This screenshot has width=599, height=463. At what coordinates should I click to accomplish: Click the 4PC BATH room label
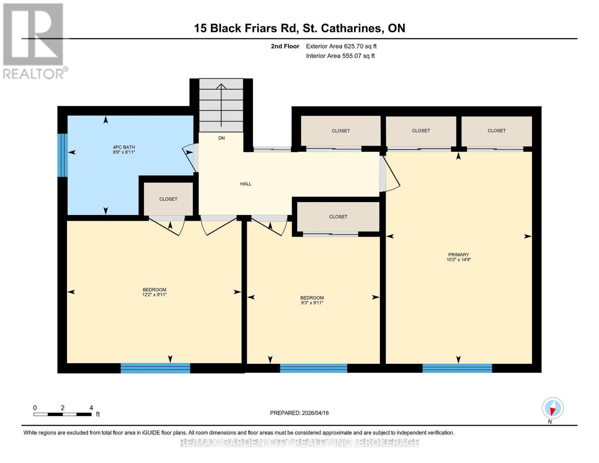point(124,147)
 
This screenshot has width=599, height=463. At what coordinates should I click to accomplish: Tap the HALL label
point(246,184)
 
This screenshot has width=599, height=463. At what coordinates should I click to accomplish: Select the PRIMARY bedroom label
point(458,255)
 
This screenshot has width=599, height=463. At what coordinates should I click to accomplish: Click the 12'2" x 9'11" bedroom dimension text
point(154,295)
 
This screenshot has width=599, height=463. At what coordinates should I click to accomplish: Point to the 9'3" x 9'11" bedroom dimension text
point(312,303)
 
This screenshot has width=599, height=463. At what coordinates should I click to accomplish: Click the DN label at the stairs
point(221,138)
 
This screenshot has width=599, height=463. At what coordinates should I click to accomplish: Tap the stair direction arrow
point(221,104)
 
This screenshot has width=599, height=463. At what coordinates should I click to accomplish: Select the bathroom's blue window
point(62,155)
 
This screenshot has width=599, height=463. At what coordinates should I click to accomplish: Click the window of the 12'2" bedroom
point(155,368)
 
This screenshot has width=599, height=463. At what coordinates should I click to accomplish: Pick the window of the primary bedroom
point(457,368)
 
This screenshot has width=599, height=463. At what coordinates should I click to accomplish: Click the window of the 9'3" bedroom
point(313,368)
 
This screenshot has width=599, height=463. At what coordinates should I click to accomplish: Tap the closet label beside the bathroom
point(168,199)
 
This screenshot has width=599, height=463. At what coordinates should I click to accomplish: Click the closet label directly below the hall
point(338,217)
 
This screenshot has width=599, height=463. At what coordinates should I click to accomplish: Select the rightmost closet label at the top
point(496,131)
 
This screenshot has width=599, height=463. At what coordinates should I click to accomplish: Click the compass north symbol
point(552,408)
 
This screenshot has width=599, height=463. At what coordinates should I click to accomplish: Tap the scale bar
point(62,414)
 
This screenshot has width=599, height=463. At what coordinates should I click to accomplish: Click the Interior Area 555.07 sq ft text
point(340,56)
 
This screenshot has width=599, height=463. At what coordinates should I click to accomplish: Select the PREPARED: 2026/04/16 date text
point(299,413)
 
